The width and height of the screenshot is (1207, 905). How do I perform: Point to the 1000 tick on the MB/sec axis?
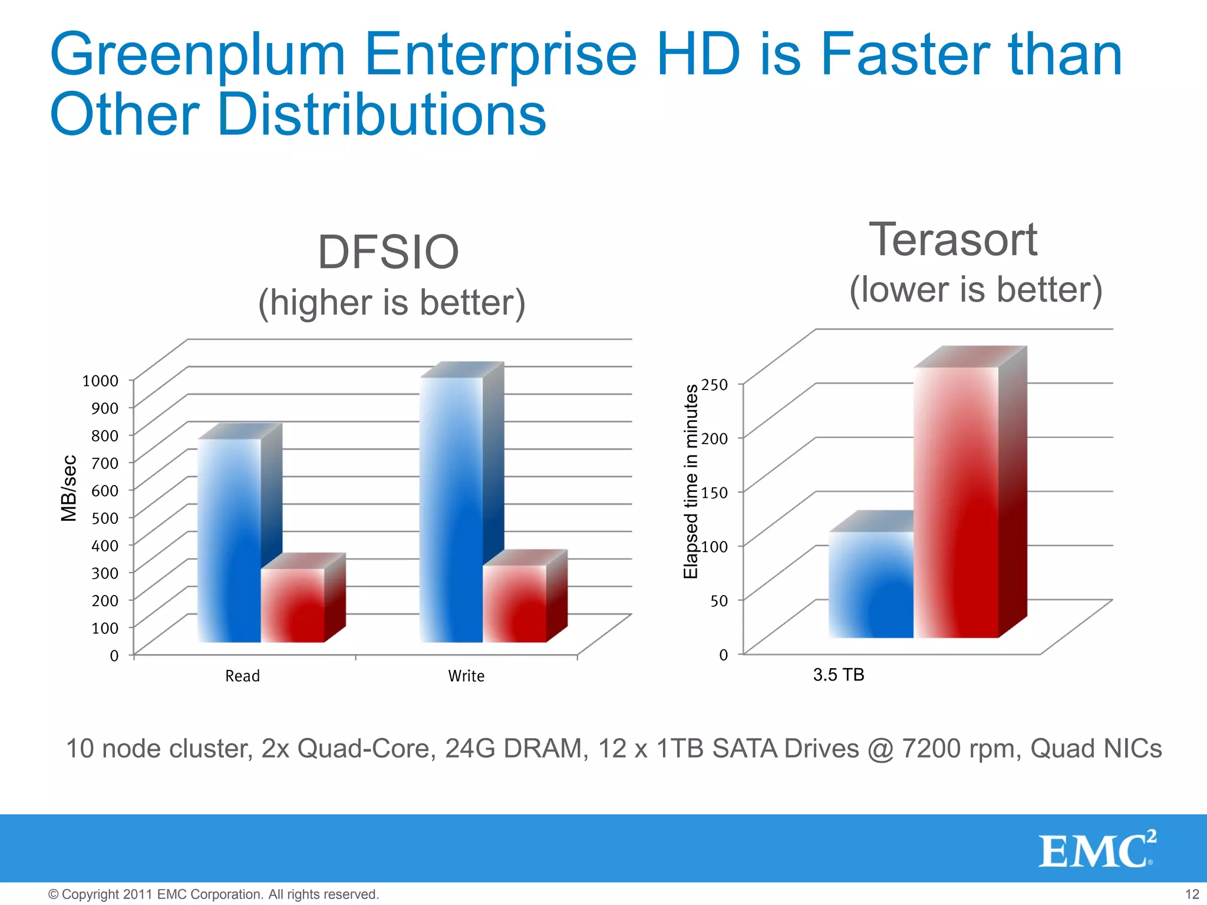tap(100, 381)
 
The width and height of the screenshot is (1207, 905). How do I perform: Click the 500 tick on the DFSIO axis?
tap(105, 518)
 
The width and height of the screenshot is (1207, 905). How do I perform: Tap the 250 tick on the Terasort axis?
tap(715, 384)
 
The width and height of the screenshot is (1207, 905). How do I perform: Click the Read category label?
tap(242, 676)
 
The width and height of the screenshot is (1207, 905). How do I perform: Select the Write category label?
tap(466, 676)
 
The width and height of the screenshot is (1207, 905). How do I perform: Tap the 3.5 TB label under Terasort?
tap(838, 675)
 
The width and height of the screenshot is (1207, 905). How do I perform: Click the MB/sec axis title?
tap(69, 488)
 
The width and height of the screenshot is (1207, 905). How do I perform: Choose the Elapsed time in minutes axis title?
tap(690, 481)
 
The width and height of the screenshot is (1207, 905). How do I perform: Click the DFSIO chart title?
tap(388, 252)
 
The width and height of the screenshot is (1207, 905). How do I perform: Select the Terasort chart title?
tap(953, 240)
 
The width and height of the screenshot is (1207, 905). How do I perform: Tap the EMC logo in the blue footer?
tap(1097, 850)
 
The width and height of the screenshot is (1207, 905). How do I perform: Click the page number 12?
tap(1192, 894)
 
